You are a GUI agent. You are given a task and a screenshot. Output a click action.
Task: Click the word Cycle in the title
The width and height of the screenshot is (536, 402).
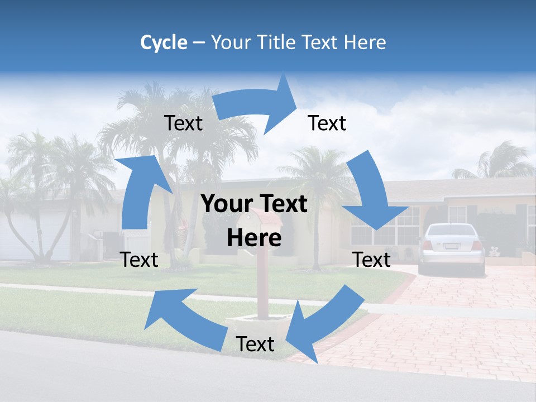[164, 42]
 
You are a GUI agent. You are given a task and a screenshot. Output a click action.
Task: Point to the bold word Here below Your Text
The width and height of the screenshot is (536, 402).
[254, 238]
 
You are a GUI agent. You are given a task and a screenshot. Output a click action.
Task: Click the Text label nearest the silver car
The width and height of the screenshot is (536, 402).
[371, 260]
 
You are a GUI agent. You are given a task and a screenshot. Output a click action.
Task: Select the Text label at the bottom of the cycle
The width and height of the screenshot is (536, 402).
[255, 344]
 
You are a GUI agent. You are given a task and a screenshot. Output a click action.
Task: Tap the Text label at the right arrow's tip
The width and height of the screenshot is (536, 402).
[327, 123]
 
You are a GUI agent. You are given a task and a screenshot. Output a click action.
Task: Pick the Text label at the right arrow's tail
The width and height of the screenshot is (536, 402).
[183, 123]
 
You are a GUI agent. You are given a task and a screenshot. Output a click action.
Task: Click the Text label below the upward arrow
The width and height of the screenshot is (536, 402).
[140, 260]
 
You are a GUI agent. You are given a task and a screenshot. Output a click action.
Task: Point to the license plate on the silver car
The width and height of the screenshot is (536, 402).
[452, 246]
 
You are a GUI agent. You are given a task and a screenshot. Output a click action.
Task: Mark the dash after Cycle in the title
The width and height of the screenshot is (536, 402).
[199, 43]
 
